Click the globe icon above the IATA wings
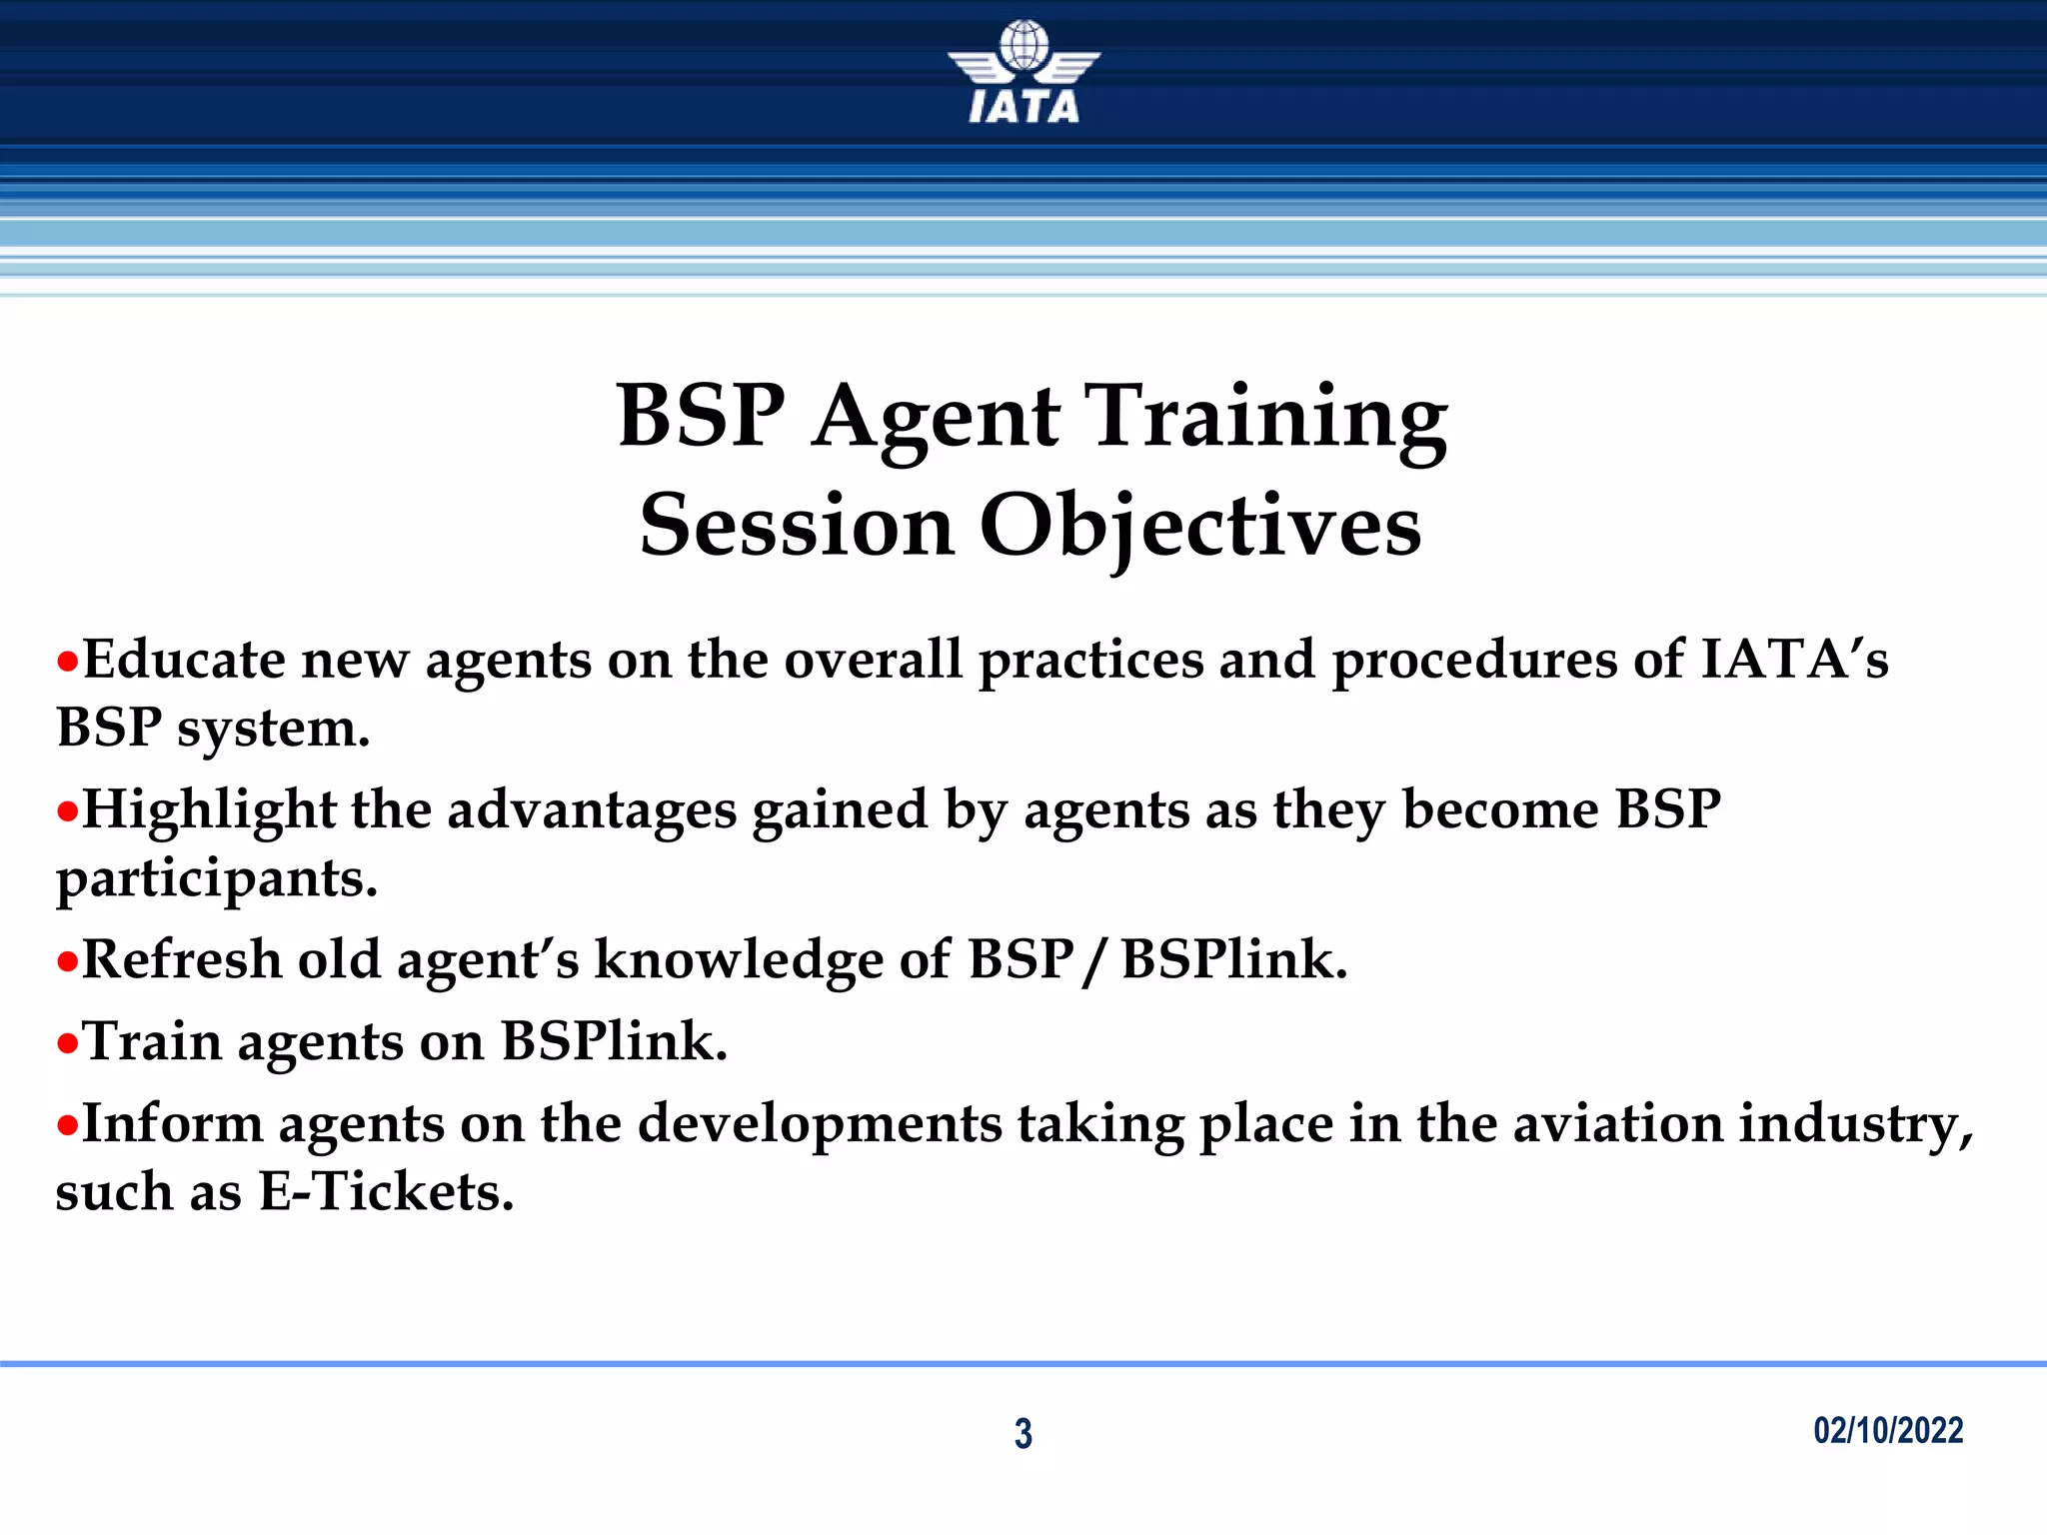click(1023, 46)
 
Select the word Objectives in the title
click(1199, 527)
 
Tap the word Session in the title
click(797, 527)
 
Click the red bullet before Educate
click(67, 662)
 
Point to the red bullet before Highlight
click(67, 811)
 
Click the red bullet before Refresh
click(67, 961)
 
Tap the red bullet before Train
click(67, 1043)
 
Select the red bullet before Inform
click(67, 1125)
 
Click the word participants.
click(216, 880)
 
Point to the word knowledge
click(739, 960)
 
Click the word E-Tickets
click(386, 1192)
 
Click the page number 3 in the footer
click(1023, 1433)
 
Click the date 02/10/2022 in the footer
click(1888, 1430)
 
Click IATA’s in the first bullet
click(1794, 661)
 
